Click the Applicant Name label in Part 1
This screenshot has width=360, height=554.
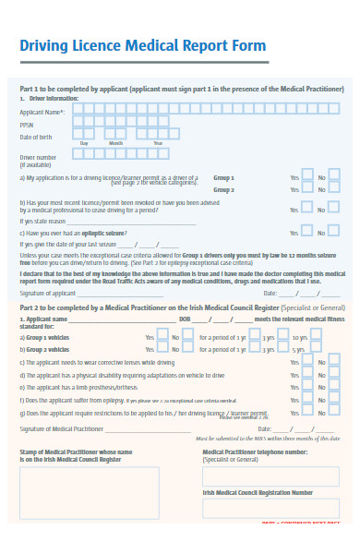tap(39, 112)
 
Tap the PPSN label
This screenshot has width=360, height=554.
tap(28, 124)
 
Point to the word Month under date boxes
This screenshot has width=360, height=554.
tap(116, 144)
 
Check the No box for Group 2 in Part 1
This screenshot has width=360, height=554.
tap(334, 190)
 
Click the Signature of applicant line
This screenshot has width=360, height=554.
tap(138, 292)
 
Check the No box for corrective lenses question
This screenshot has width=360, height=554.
tap(334, 363)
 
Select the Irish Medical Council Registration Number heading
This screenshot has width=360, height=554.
tap(258, 493)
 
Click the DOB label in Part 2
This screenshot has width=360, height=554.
tap(185, 319)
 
